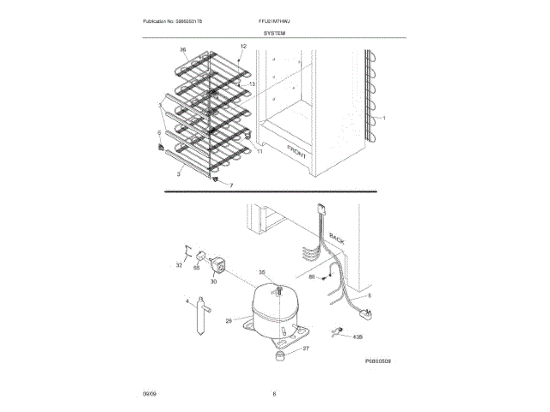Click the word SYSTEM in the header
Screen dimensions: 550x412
275,32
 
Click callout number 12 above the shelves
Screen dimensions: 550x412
243,45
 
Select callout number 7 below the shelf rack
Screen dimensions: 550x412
230,185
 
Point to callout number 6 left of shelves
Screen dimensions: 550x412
158,133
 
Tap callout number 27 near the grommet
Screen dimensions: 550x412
306,349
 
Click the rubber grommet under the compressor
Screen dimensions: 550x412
282,357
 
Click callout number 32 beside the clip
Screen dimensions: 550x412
179,265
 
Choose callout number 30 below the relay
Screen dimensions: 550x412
213,281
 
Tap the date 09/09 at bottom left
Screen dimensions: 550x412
150,392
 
